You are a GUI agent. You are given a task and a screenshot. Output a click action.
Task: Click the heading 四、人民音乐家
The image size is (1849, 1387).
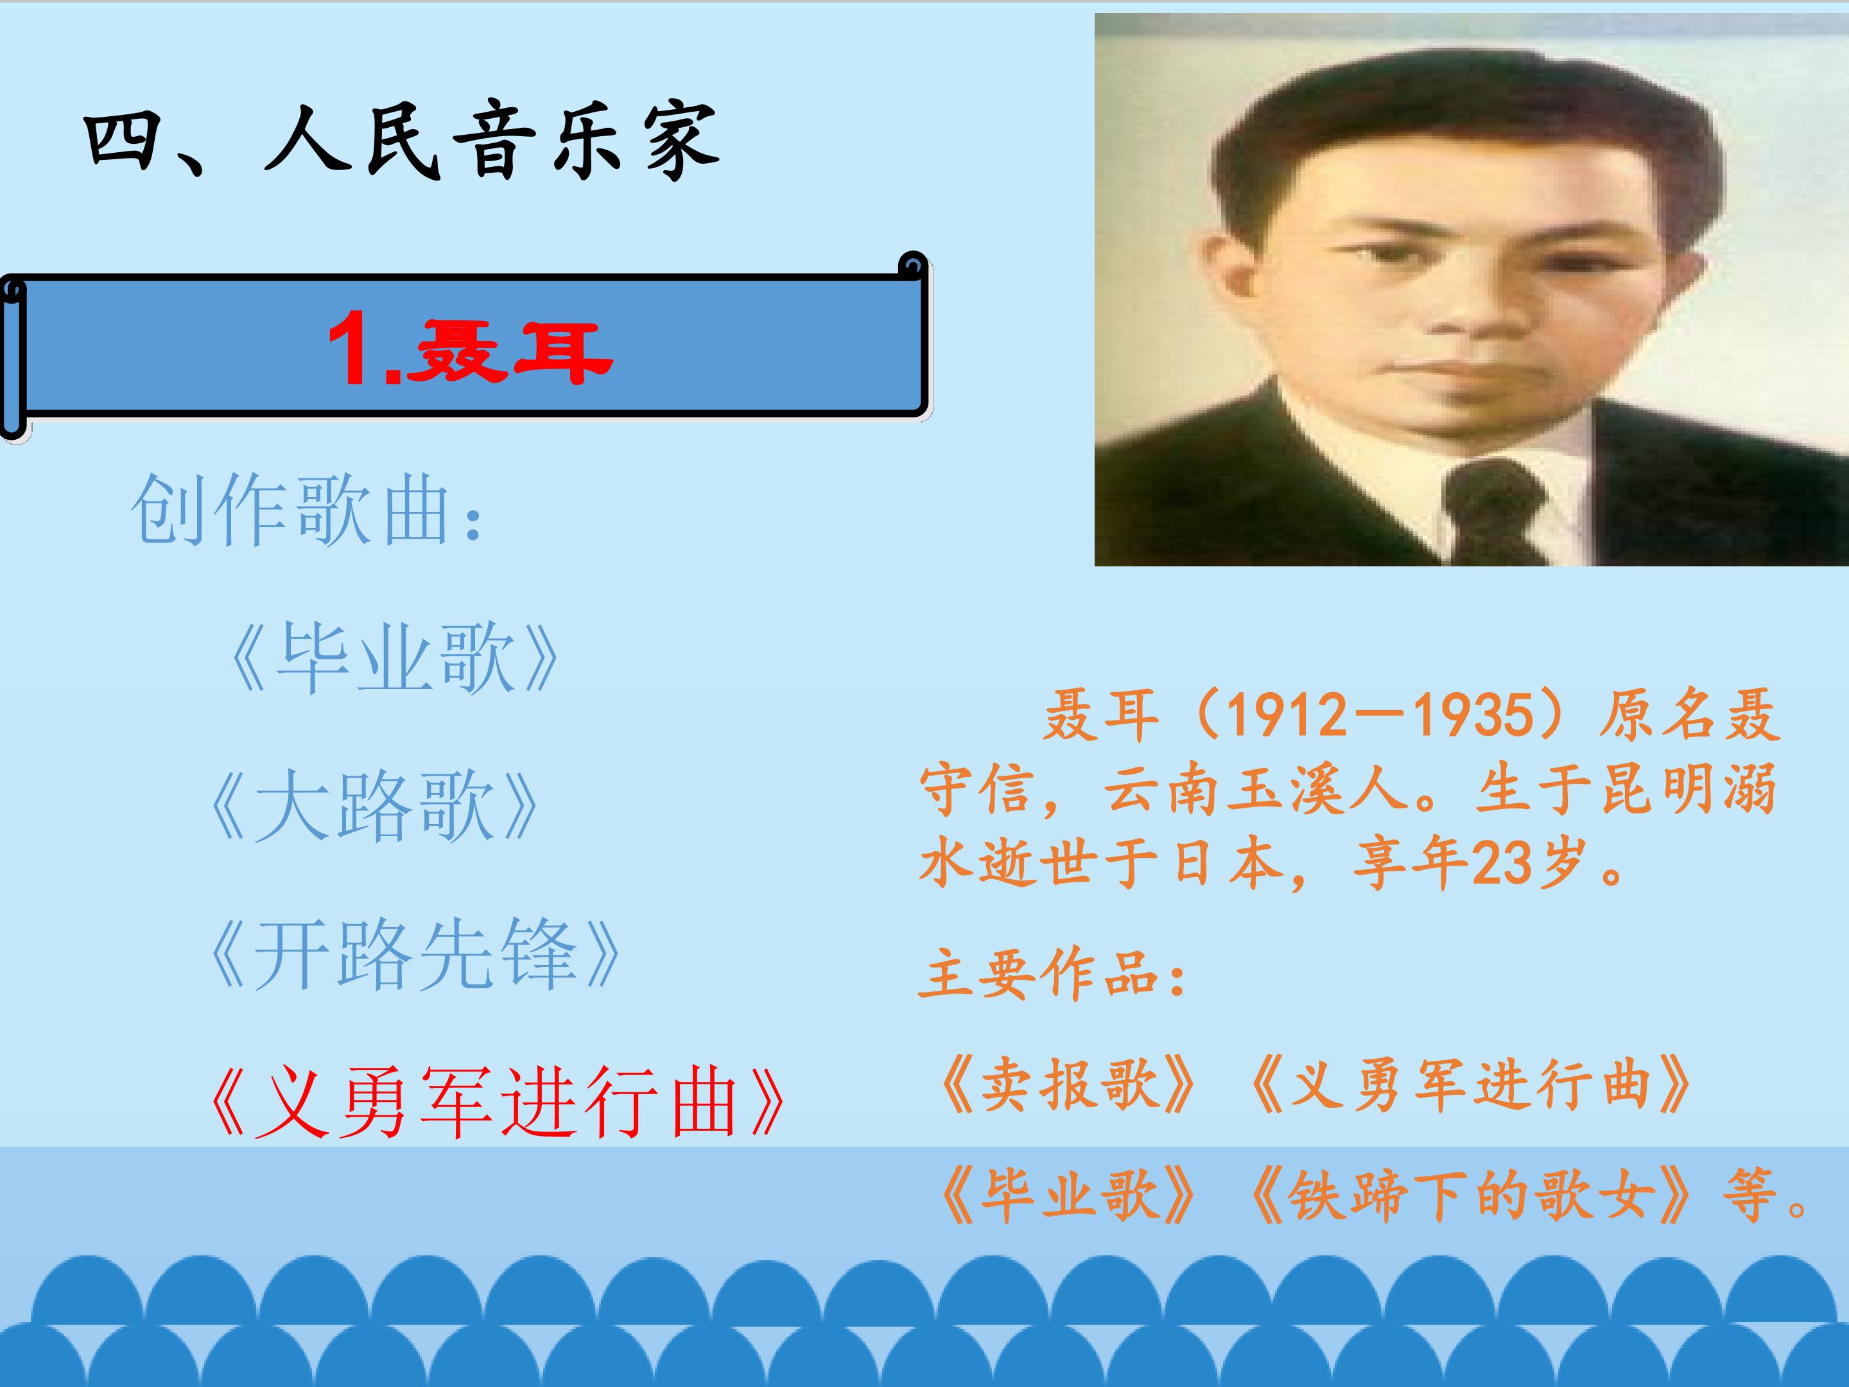401,141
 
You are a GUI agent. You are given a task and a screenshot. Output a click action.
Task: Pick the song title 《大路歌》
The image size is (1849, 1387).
372,807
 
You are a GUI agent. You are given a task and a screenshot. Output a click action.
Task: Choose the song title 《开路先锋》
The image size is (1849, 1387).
413,955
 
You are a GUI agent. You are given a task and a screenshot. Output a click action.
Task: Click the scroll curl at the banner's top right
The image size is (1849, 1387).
913,266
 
